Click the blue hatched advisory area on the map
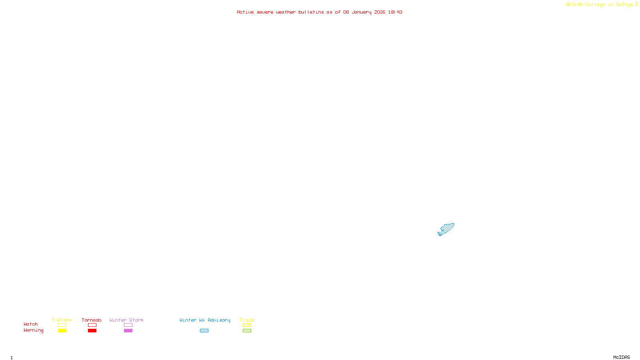pos(447,229)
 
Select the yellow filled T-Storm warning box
pos(62,331)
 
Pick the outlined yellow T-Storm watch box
pos(62,325)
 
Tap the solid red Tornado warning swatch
pos(92,331)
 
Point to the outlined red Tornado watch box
pos(92,325)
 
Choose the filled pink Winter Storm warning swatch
pos(128,331)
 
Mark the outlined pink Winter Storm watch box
pos(128,325)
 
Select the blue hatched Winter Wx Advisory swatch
pos(204,331)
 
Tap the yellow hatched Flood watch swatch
pos(247,325)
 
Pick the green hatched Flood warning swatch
pos(247,331)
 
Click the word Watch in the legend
pos(31,324)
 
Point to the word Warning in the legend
pos(33,330)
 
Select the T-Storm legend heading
pos(62,320)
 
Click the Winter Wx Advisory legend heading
pos(205,320)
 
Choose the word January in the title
pos(362,12)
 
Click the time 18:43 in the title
pos(395,12)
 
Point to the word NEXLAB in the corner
pos(574,5)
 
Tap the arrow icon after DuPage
pos(636,4)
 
